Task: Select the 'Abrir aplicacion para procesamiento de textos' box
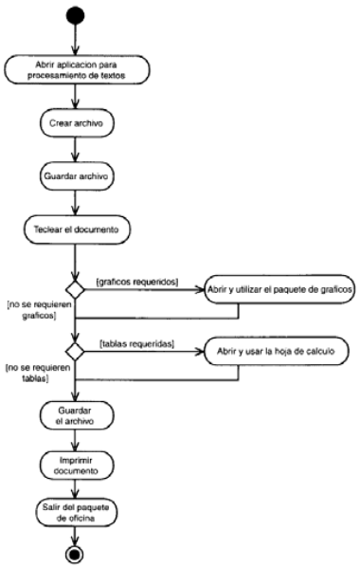[76, 70]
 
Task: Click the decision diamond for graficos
[76, 287]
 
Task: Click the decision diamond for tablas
[76, 351]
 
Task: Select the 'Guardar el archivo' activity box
[76, 417]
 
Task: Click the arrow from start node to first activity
[76, 43]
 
